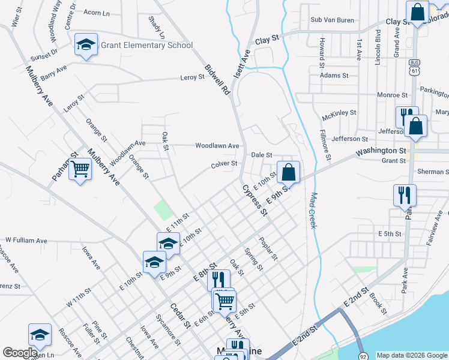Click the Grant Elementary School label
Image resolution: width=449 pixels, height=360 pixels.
click(x=146, y=45)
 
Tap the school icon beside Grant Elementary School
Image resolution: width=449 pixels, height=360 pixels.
click(x=86, y=44)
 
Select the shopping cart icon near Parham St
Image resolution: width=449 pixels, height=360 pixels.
click(x=79, y=170)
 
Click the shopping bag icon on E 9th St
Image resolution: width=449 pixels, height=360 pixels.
click(x=289, y=172)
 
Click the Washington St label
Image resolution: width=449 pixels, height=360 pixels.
click(x=384, y=151)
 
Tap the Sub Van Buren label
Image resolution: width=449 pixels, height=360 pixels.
click(x=333, y=20)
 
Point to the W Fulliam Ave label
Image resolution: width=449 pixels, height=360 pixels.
click(x=26, y=240)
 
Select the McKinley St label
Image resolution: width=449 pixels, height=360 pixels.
click(x=339, y=112)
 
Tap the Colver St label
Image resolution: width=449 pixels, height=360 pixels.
click(x=224, y=164)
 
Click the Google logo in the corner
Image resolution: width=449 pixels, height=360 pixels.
click(x=20, y=353)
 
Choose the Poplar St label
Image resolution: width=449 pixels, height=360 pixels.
click(x=268, y=248)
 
